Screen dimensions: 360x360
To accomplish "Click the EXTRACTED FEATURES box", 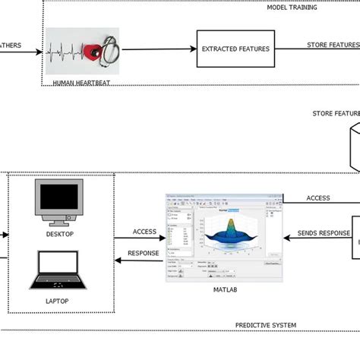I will click(235, 49).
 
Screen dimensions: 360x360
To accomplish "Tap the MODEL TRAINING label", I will click(292, 8).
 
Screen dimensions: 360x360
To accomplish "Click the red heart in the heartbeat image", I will click(93, 52).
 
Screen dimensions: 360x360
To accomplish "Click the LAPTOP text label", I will click(56, 302).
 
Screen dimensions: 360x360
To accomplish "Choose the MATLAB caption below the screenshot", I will click(223, 289).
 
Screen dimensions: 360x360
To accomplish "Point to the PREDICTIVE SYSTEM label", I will click(265, 325).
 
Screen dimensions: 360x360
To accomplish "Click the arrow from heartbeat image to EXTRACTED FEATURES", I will click(159, 49).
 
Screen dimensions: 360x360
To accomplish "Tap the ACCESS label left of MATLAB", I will click(144, 232).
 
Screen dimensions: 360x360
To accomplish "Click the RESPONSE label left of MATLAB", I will click(144, 254).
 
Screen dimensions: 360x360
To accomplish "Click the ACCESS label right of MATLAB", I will click(317, 198).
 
